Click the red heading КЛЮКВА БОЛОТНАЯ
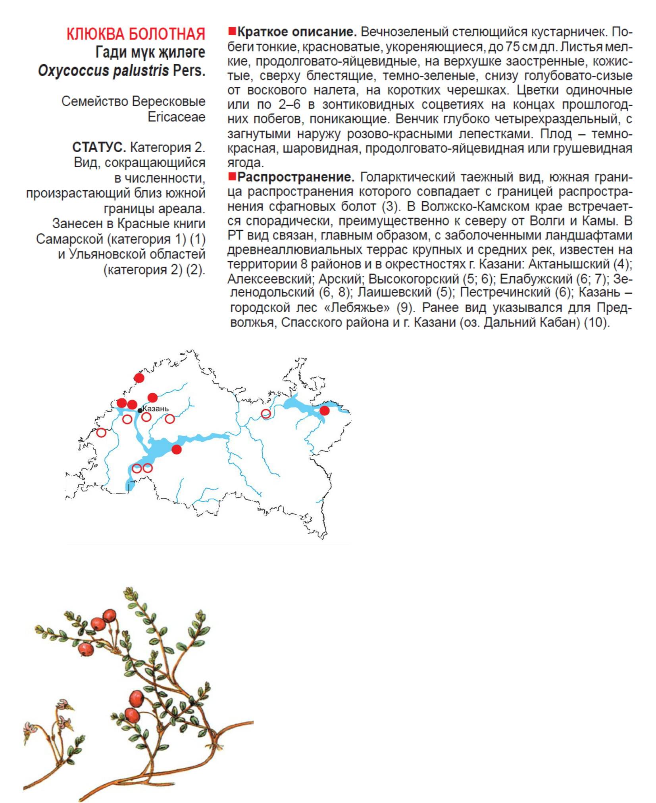coord(135,34)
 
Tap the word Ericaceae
coord(176,117)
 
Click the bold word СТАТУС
coord(99,147)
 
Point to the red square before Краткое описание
coord(232,31)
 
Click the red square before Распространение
coord(232,176)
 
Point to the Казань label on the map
coord(155,409)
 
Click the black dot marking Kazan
coord(140,411)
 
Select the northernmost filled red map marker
coord(139,378)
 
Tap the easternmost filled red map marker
coord(324,411)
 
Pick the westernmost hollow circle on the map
coord(101,432)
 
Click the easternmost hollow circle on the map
coord(265,414)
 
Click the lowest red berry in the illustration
coord(132,715)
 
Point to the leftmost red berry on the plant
coord(85,649)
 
